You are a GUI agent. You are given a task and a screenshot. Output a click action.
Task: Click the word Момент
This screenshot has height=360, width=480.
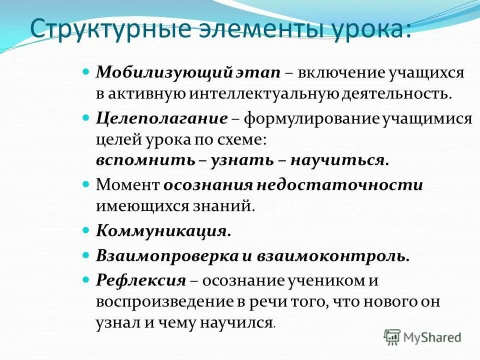click(127, 185)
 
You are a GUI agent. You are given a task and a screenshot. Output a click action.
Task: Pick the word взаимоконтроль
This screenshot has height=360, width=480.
click(333, 256)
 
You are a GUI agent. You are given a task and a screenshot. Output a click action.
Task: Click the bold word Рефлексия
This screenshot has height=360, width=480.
click(141, 280)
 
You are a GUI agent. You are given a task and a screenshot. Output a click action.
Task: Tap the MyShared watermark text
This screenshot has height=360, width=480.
click(432, 337)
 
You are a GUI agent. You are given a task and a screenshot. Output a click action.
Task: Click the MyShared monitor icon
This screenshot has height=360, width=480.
click(392, 336)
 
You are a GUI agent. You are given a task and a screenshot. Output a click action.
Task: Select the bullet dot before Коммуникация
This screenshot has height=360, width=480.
click(85, 231)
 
